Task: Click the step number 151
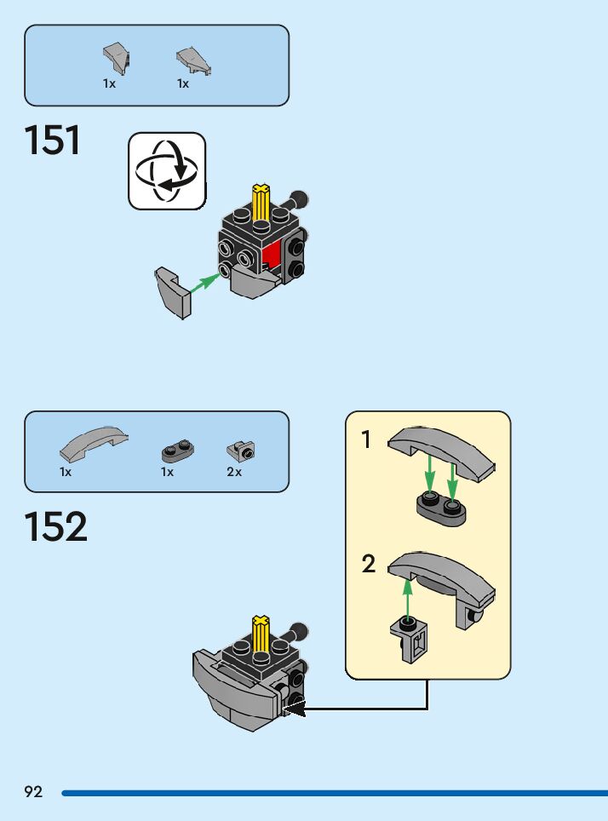53,141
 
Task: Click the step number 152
55,527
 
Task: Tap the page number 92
33,792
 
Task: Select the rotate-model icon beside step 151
167,170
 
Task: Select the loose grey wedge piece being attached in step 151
174,292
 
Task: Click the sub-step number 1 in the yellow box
366,440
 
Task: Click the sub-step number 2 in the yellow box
368,564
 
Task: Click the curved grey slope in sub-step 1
441,450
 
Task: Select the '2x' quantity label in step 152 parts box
234,472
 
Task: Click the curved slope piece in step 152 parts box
94,439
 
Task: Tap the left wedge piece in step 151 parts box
117,58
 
